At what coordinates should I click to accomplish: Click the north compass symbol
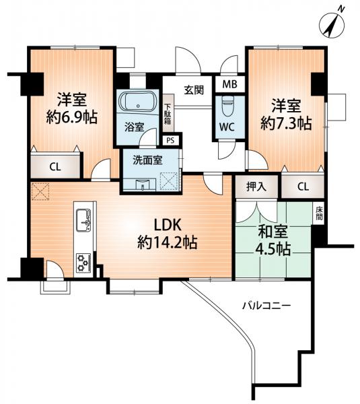[332, 26]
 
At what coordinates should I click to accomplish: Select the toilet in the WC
[227, 106]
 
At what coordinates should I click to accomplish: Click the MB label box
[230, 84]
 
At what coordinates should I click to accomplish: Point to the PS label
[170, 141]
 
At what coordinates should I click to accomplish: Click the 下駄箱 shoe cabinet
[168, 113]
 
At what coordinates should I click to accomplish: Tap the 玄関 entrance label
[194, 90]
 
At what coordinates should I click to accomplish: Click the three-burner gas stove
[83, 263]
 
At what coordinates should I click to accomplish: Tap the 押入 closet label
[256, 187]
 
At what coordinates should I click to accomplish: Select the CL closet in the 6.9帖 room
[55, 167]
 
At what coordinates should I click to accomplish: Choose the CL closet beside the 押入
[303, 187]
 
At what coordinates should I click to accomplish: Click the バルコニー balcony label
[266, 306]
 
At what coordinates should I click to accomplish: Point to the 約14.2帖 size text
[168, 242]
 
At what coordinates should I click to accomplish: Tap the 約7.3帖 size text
[286, 123]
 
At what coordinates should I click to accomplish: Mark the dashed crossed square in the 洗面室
[169, 181]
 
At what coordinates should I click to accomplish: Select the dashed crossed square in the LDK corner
[40, 191]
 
